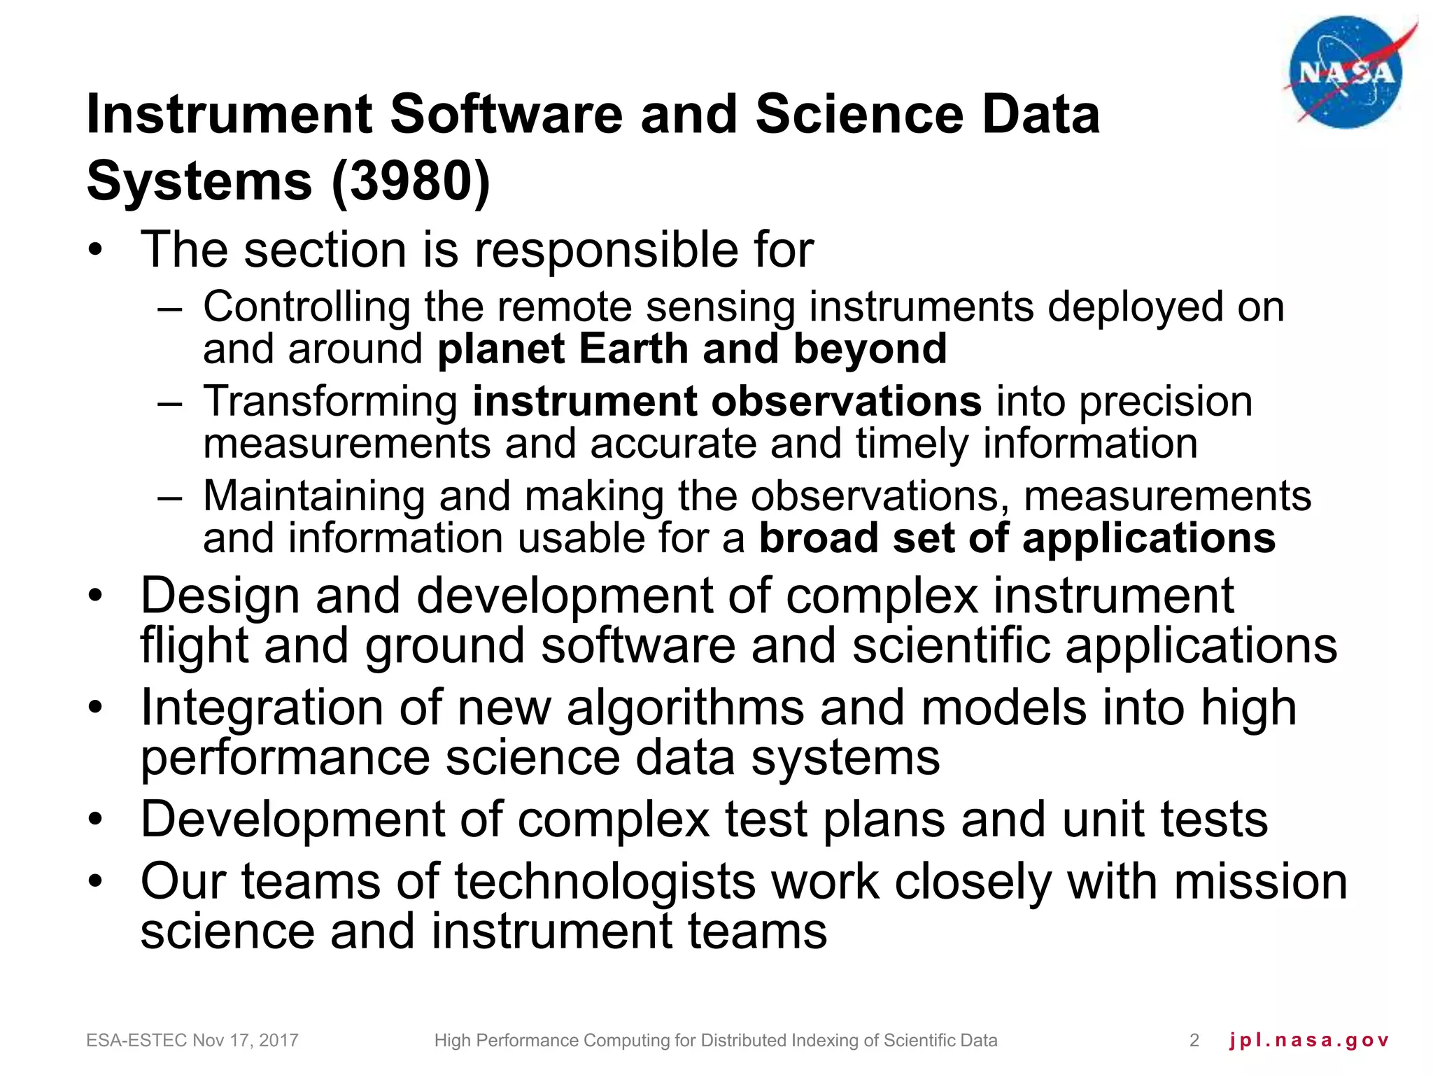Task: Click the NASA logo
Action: [1346, 73]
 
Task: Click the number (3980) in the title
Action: [411, 181]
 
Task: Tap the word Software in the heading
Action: [505, 115]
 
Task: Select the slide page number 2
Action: [1194, 1041]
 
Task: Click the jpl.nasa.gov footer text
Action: [1308, 1041]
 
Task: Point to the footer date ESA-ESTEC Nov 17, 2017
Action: [192, 1041]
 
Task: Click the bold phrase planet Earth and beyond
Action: [691, 349]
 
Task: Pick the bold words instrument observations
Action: [727, 401]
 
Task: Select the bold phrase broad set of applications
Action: [1017, 538]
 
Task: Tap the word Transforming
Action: [330, 402]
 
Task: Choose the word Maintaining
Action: [313, 496]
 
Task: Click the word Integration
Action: [262, 708]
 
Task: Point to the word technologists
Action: [605, 881]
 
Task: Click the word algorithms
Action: [685, 708]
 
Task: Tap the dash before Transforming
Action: [170, 402]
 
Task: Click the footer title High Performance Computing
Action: [715, 1041]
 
